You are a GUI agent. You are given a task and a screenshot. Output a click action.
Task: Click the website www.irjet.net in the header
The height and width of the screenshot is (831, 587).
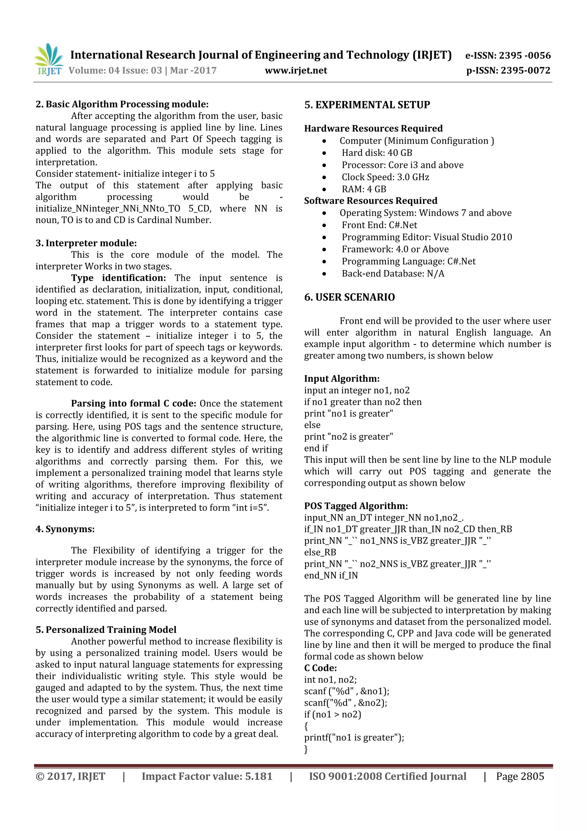tap(296, 70)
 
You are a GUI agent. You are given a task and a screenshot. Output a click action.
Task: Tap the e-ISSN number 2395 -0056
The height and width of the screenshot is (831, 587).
tap(525, 55)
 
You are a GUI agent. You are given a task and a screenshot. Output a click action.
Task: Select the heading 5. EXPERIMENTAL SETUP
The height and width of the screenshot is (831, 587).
tap(367, 105)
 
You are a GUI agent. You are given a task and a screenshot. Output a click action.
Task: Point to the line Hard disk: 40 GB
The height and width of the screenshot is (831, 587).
tap(377, 153)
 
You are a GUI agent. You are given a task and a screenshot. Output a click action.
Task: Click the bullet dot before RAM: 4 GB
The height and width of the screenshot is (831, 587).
tap(324, 189)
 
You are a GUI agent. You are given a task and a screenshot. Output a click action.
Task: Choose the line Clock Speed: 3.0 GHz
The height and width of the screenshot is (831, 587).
tap(385, 177)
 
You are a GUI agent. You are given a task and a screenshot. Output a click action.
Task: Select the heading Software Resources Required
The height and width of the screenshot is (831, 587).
tap(371, 201)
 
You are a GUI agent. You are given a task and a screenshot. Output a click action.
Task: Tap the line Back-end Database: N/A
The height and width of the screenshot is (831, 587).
tap(393, 273)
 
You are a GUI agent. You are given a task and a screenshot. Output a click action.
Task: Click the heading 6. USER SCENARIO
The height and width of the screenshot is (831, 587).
tap(349, 297)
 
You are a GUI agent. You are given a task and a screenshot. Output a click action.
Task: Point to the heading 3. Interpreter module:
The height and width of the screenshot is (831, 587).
tap(86, 243)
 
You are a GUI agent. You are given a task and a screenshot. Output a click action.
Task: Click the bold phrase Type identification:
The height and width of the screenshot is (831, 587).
tap(119, 278)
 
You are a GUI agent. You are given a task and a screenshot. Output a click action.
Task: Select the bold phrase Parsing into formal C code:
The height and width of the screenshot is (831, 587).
tap(134, 404)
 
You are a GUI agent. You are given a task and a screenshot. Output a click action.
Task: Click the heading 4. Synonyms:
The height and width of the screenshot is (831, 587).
tap(65, 529)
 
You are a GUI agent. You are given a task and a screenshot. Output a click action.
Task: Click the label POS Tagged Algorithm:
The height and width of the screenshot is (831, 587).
tap(356, 506)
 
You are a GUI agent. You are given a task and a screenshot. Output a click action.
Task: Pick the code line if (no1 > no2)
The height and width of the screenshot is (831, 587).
tap(332, 715)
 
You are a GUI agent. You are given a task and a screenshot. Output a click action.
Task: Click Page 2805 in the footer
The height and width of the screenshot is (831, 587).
tap(520, 776)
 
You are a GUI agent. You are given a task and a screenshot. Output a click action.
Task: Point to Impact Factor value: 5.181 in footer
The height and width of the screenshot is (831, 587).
tap(207, 776)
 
